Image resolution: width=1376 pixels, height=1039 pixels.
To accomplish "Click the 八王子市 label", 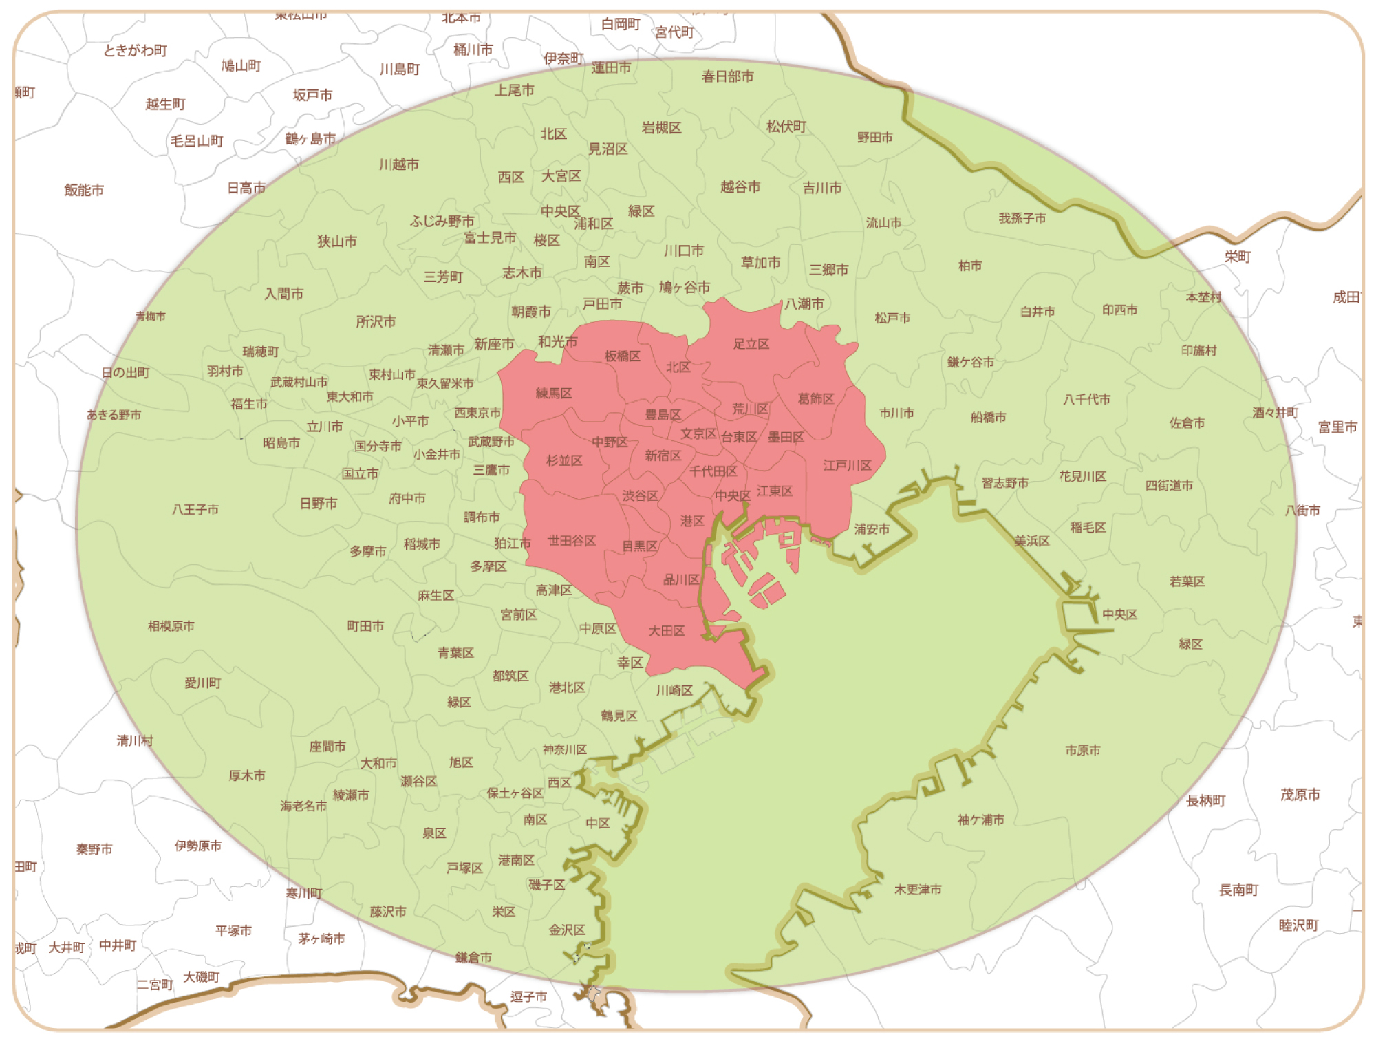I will tap(195, 510).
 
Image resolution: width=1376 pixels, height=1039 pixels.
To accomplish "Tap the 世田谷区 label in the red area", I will tap(571, 542).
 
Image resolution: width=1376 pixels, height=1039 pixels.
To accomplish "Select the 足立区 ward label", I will tap(751, 344).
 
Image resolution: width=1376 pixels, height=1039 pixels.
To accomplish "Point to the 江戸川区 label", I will tap(847, 466).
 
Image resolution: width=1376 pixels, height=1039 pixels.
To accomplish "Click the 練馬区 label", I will tap(554, 394).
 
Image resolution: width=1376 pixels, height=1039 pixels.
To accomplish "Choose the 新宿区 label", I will tap(663, 456).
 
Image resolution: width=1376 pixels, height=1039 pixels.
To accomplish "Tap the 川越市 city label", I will tap(398, 165).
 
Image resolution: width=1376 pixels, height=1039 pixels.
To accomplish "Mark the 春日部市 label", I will tap(727, 76).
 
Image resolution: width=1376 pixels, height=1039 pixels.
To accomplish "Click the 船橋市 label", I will tap(988, 418).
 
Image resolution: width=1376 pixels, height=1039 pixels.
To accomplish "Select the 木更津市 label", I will tap(918, 890).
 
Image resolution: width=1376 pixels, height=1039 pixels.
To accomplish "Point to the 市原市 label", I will tap(1082, 751).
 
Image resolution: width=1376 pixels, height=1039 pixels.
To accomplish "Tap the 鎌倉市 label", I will tap(473, 957).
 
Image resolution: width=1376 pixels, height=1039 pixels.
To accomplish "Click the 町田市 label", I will tap(365, 626).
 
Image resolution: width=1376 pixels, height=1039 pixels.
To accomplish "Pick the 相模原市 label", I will tap(171, 626).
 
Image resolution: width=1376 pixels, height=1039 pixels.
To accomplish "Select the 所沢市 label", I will tap(376, 321).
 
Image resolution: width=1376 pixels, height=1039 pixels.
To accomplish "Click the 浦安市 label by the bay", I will tap(872, 529).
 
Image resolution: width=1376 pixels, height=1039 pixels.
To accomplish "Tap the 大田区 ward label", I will tap(666, 631).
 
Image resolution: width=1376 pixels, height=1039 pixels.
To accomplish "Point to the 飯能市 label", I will tap(84, 190).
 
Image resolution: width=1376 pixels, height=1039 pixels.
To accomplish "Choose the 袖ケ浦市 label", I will tap(980, 820).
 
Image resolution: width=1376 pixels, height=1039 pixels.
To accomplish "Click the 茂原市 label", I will tap(1300, 795).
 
